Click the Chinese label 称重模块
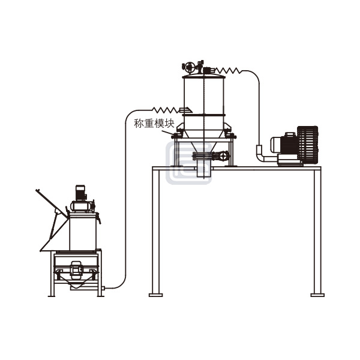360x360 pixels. click(x=154, y=124)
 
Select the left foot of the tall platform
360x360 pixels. click(x=155, y=294)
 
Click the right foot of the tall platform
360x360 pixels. click(x=317, y=294)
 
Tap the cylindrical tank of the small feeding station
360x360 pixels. click(x=83, y=232)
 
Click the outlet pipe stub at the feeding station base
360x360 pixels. click(x=103, y=289)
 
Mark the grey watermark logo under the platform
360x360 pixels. click(x=188, y=166)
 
